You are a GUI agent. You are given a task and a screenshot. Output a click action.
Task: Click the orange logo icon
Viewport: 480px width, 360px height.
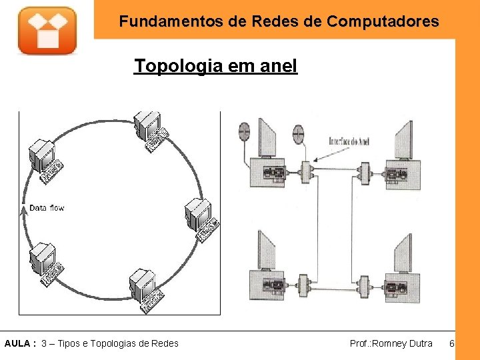click(47, 30)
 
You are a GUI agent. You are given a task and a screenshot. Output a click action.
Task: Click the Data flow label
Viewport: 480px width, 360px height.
click(47, 208)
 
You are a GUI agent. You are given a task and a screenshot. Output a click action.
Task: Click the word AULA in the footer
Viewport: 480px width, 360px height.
click(17, 343)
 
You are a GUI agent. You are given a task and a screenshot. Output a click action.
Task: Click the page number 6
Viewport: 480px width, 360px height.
click(451, 343)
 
